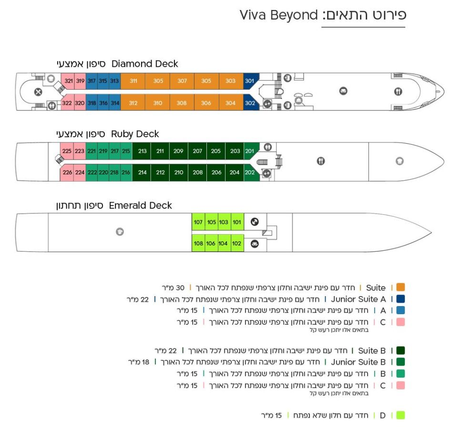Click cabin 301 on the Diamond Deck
coord(250,81)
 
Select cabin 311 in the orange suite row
coord(133,81)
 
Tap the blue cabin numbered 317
coord(92,81)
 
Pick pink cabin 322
coord(67,103)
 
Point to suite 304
coord(230,103)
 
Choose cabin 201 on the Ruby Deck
coord(250,151)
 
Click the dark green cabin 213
coord(142,151)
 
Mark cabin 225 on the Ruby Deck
coord(67,151)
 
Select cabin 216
coord(126,173)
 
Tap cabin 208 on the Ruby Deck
coord(197,173)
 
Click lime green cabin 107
coord(198,222)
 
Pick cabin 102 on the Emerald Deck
coord(236,244)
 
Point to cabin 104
coord(223,244)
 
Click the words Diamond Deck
coord(145,64)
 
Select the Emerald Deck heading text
coord(141,205)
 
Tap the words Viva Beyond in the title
coord(278,15)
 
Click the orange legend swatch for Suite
coord(400,287)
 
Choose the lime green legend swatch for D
coord(400,415)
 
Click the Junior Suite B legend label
coord(358,362)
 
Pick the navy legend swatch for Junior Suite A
coord(400,299)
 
